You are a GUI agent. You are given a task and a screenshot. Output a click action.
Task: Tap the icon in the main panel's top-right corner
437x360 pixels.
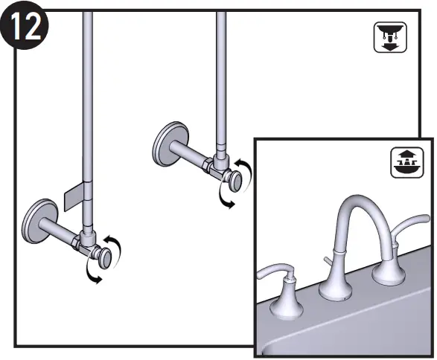click(x=385, y=37)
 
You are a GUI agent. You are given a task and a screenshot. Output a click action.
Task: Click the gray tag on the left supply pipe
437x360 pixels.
click(x=74, y=196)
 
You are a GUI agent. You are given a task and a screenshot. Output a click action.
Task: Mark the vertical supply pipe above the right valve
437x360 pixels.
click(x=221, y=74)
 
